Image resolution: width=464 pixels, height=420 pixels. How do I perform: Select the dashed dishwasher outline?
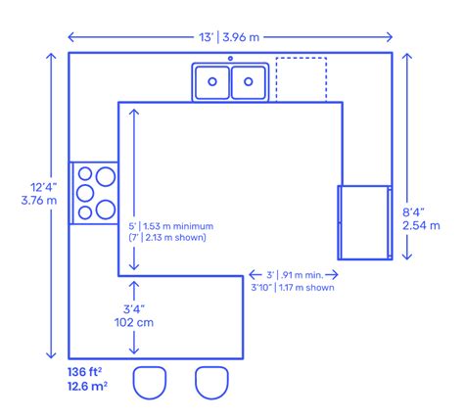[301, 78]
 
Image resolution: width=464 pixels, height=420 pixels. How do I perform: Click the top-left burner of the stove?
[84, 176]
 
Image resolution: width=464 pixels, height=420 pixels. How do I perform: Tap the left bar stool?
[150, 382]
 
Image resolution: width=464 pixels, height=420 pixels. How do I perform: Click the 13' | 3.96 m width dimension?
[230, 37]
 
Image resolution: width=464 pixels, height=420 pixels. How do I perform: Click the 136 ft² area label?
[86, 371]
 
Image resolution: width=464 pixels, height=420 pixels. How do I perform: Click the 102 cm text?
[131, 320]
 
